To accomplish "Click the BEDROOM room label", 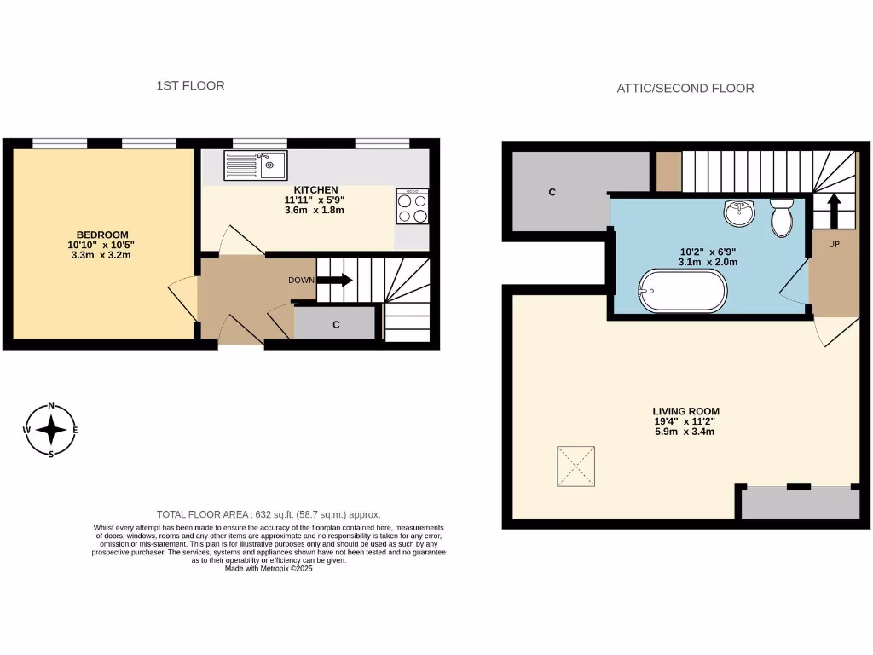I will (101, 235).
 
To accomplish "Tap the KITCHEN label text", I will (315, 189).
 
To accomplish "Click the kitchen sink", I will (257, 165).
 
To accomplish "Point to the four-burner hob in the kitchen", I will (413, 206).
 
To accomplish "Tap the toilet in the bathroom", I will (780, 217).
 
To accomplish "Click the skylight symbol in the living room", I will (576, 467).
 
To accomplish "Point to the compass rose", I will (52, 430).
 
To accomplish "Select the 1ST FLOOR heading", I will (190, 85).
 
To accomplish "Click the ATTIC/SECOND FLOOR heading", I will (685, 88).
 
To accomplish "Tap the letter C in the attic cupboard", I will (552, 193).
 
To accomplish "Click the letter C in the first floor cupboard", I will (335, 325).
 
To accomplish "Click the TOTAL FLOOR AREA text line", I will (269, 514).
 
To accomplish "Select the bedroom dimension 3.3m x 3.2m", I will (101, 255).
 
